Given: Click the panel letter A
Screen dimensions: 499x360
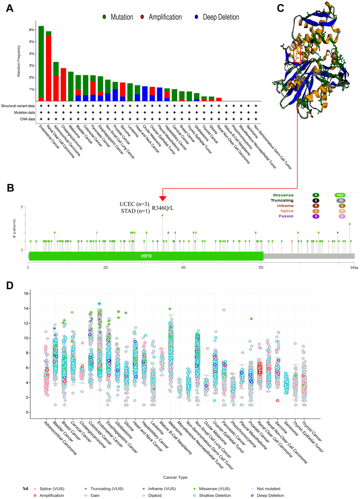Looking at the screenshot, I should tap(10, 8).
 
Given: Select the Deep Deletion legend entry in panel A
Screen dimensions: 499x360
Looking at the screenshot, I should tap(221, 17).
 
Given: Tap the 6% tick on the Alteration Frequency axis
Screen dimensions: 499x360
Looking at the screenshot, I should tap(31, 30).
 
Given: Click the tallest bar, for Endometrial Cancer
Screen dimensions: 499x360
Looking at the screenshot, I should tap(41, 64).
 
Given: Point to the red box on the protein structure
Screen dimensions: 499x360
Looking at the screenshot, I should tap(297, 53).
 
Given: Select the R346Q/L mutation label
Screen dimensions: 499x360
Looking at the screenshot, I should tap(163, 208).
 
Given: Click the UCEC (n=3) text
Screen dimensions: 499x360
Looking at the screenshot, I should tap(134, 204).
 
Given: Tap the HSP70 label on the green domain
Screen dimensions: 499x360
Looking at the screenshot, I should tap(146, 256).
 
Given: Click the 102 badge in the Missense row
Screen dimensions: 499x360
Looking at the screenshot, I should tap(340, 195).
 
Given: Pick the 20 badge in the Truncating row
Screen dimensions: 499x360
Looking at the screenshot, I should tap(341, 200).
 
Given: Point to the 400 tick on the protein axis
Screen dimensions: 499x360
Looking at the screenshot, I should tap(184, 268).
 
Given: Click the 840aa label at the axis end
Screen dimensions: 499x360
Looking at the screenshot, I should tap(354, 268).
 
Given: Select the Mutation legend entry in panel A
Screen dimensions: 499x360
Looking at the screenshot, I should tap(121, 17).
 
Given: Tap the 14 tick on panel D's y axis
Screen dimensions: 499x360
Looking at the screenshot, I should tap(26, 308).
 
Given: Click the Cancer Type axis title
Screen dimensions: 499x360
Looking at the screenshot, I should tap(175, 477).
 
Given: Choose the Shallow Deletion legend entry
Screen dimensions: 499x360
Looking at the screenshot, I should tap(215, 495).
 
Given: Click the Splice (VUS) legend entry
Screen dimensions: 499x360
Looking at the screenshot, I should tap(52, 489).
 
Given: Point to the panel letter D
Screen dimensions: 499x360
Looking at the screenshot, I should tap(10, 285).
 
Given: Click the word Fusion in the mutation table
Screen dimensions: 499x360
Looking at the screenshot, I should tap(286, 216).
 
